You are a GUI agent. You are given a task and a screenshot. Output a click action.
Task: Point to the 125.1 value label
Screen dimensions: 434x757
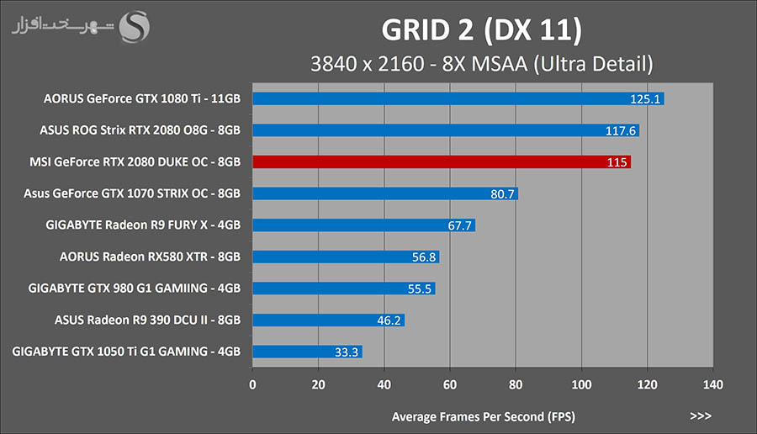(x=646, y=98)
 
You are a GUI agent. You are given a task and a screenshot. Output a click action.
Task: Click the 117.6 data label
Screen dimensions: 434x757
(x=622, y=130)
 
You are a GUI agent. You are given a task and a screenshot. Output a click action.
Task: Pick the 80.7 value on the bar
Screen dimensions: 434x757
(x=501, y=193)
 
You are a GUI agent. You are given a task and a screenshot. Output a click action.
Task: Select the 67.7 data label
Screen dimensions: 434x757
(x=459, y=225)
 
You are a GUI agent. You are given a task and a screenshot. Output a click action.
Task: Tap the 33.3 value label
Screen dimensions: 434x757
(x=347, y=352)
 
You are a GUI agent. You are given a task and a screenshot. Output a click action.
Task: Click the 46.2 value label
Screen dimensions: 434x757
(x=389, y=320)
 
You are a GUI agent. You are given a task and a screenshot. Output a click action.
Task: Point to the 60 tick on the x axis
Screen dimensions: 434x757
(x=449, y=384)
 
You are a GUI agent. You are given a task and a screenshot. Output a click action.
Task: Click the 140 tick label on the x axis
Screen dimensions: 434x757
(x=712, y=384)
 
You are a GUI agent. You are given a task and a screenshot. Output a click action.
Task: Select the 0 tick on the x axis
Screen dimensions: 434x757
(x=252, y=384)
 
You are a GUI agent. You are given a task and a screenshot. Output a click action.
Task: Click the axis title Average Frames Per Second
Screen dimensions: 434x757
(x=483, y=416)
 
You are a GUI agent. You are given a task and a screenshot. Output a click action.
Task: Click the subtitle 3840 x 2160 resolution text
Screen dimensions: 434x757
(x=481, y=63)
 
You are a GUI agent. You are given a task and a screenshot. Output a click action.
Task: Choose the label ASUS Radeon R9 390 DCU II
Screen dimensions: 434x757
(x=147, y=320)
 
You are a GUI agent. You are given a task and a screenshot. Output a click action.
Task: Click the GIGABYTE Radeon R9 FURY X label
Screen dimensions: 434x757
(x=143, y=225)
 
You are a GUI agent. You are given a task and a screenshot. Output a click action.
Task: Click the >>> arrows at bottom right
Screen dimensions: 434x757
(x=700, y=415)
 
